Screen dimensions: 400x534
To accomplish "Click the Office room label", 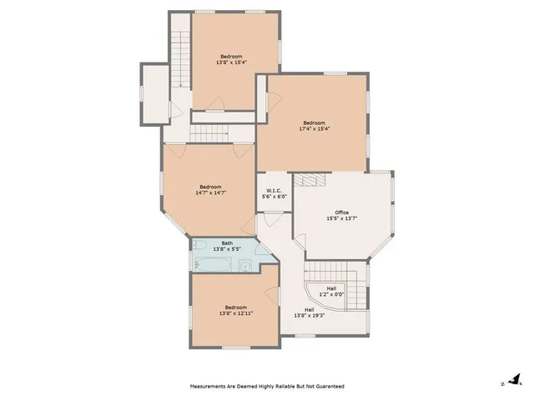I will pos(342,212).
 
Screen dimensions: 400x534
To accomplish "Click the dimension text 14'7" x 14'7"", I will pos(210,192).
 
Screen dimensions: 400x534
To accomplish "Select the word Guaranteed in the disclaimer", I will pos(326,387).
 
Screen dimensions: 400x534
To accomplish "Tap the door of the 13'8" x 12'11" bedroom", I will pos(270,292).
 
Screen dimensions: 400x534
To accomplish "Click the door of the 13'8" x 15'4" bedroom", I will pos(217,104).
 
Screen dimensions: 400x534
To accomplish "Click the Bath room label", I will pos(227,242).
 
